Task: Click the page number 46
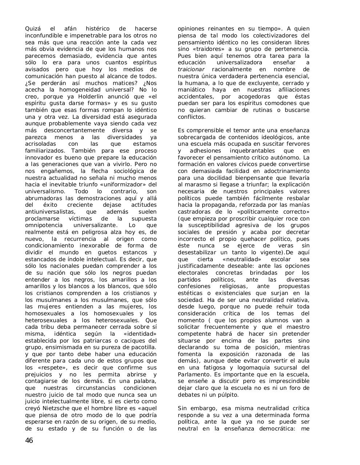tap(29, 441)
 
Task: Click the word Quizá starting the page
tap(32, 29)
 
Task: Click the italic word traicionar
tap(191, 69)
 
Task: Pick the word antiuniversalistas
tap(50, 212)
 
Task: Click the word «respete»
tap(47, 368)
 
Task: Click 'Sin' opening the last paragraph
tap(183, 408)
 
